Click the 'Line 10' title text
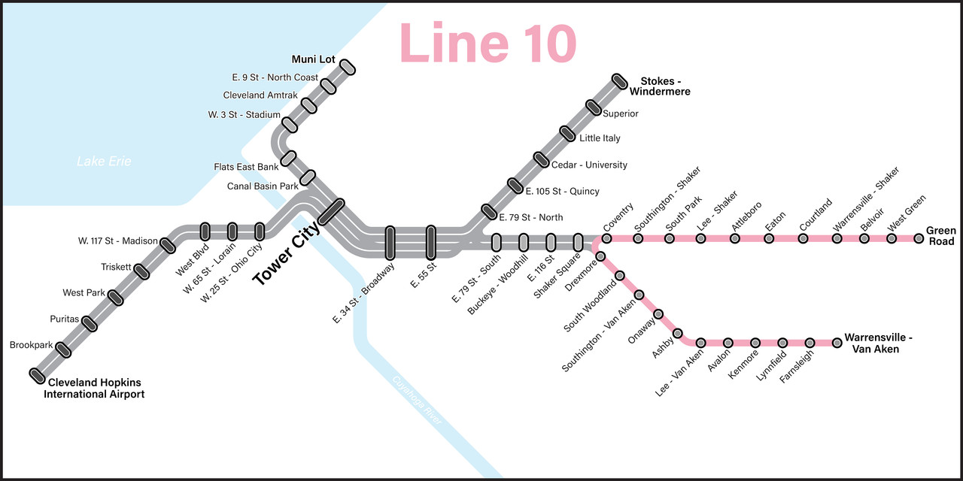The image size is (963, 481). pyautogui.click(x=488, y=43)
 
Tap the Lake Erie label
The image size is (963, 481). pyautogui.click(x=104, y=162)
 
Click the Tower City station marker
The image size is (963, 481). pyautogui.click(x=331, y=212)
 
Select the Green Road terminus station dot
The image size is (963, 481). pyautogui.click(x=919, y=238)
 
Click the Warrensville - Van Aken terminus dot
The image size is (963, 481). pyautogui.click(x=837, y=343)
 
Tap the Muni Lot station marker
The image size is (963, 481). pyautogui.click(x=348, y=68)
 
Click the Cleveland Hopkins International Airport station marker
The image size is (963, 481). pyautogui.click(x=37, y=374)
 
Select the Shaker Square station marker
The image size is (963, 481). pyautogui.click(x=578, y=242)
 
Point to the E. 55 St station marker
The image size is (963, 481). pyautogui.click(x=431, y=242)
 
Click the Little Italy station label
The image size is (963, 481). pyautogui.click(x=600, y=138)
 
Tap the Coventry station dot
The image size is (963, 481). pyautogui.click(x=606, y=238)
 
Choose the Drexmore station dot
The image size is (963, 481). pyautogui.click(x=600, y=256)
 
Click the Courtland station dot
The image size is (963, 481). pyautogui.click(x=803, y=238)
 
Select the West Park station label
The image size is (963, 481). pyautogui.click(x=84, y=292)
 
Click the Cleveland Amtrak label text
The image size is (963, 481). pyautogui.click(x=255, y=95)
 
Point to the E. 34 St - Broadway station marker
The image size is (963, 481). pyautogui.click(x=390, y=242)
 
